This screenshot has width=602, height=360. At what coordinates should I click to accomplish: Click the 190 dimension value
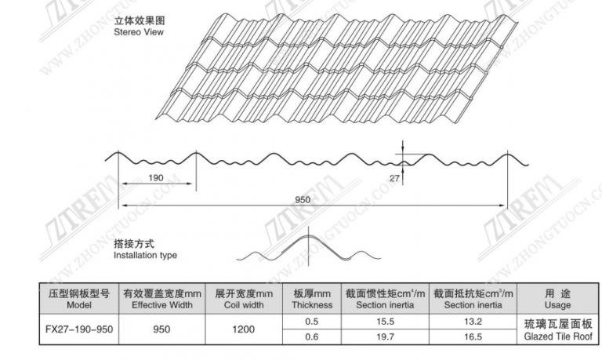click(156, 178)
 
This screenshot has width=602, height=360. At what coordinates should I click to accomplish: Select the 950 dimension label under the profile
click(303, 200)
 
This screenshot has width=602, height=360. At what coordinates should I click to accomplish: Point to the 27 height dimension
click(394, 178)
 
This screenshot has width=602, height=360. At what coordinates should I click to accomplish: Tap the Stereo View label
click(139, 32)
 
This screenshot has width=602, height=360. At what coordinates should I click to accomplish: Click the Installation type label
click(145, 255)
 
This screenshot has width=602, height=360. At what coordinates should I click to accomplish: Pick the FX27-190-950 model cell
click(79, 329)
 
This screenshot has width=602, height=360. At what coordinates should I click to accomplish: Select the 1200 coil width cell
click(244, 329)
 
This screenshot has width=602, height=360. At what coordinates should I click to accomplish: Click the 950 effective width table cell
click(161, 329)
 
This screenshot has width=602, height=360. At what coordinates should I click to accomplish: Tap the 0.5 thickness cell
click(311, 322)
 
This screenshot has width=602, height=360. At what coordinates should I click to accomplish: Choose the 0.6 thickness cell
click(311, 337)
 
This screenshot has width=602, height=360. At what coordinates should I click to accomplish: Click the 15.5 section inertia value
click(385, 322)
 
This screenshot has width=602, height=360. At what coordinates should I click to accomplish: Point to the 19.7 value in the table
click(385, 337)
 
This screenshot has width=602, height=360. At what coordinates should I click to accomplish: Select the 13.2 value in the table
click(473, 322)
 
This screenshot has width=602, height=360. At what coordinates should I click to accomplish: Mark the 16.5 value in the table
click(473, 337)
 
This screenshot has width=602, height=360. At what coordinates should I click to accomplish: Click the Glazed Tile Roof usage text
click(558, 337)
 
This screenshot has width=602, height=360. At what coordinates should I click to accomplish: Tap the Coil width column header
click(244, 305)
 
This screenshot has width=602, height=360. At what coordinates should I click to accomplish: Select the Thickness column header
click(312, 305)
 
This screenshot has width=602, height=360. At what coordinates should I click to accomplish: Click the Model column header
click(79, 305)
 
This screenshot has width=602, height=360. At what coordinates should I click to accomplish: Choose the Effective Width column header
click(162, 305)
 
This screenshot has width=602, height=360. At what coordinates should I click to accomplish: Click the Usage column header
click(557, 305)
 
